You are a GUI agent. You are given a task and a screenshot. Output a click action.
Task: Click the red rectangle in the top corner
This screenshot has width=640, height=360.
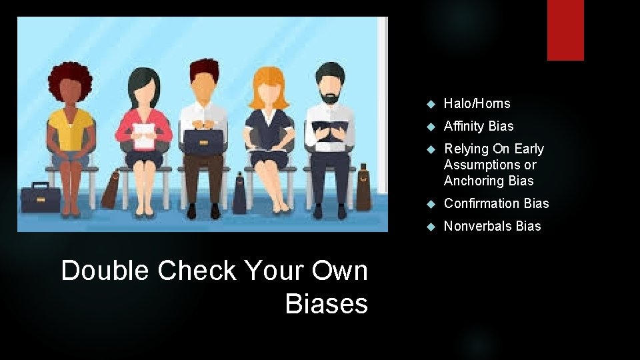point(565,30)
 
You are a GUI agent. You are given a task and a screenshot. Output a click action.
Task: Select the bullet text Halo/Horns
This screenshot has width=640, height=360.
point(477,103)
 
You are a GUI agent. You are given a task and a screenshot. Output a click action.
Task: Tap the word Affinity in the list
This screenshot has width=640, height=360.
point(464,126)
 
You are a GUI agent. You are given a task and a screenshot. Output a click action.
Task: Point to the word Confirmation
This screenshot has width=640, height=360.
point(482,203)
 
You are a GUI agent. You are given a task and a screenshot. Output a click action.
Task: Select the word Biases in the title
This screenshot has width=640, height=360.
point(326,304)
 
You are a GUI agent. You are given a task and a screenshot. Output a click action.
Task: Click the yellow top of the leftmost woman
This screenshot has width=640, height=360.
point(71,130)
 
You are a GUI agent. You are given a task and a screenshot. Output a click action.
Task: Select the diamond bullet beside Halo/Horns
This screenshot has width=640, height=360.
point(430,104)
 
